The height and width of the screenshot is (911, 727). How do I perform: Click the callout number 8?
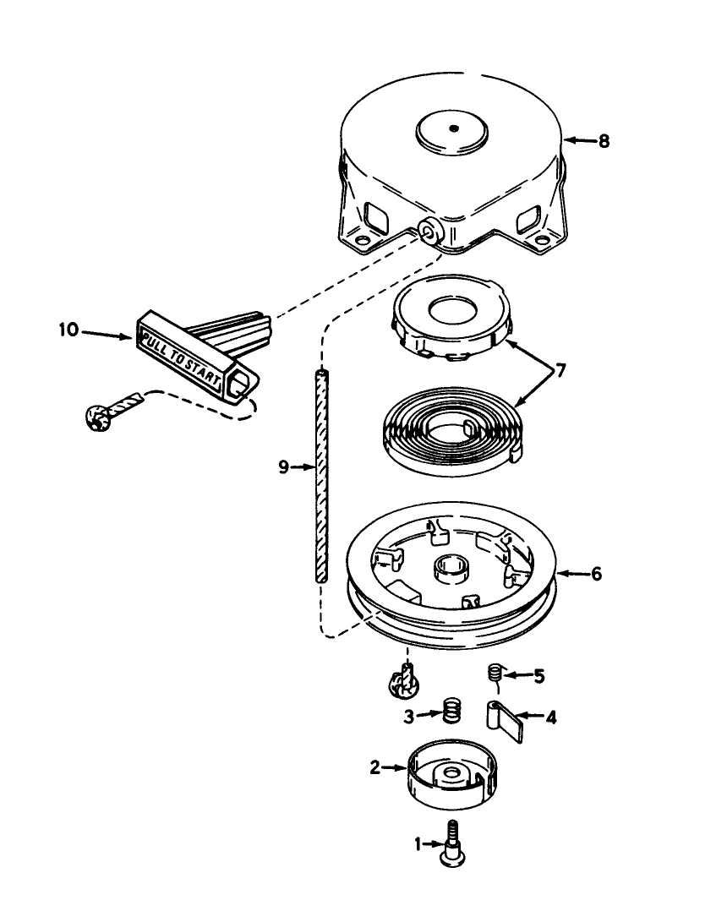pos(604,140)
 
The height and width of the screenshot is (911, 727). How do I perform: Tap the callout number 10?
pos(68,330)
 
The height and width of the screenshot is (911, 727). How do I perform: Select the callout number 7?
pos(560,371)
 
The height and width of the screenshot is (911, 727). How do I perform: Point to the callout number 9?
pos(283,466)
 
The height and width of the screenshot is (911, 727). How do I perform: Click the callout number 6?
pos(596,574)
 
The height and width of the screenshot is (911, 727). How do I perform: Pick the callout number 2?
pos(375,767)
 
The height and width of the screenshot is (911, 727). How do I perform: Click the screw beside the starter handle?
pos(112,410)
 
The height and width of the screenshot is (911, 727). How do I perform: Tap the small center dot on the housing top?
pos(454,128)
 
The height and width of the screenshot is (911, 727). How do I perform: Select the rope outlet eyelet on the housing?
pos(430,232)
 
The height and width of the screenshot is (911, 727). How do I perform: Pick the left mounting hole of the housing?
pos(362,239)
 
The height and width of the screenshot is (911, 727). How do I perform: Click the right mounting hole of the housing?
pos(542,239)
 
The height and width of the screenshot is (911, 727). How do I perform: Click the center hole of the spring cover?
pos(451,309)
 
